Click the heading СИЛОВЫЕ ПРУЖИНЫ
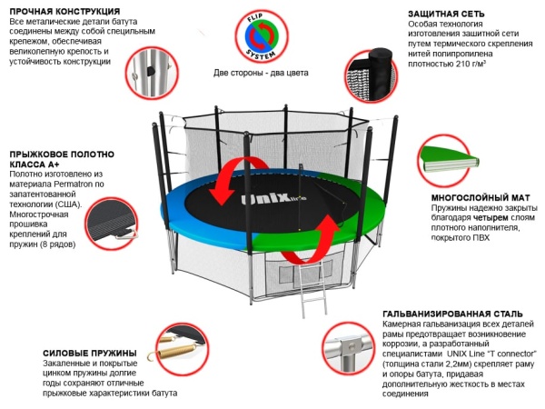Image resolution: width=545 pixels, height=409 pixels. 90,353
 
